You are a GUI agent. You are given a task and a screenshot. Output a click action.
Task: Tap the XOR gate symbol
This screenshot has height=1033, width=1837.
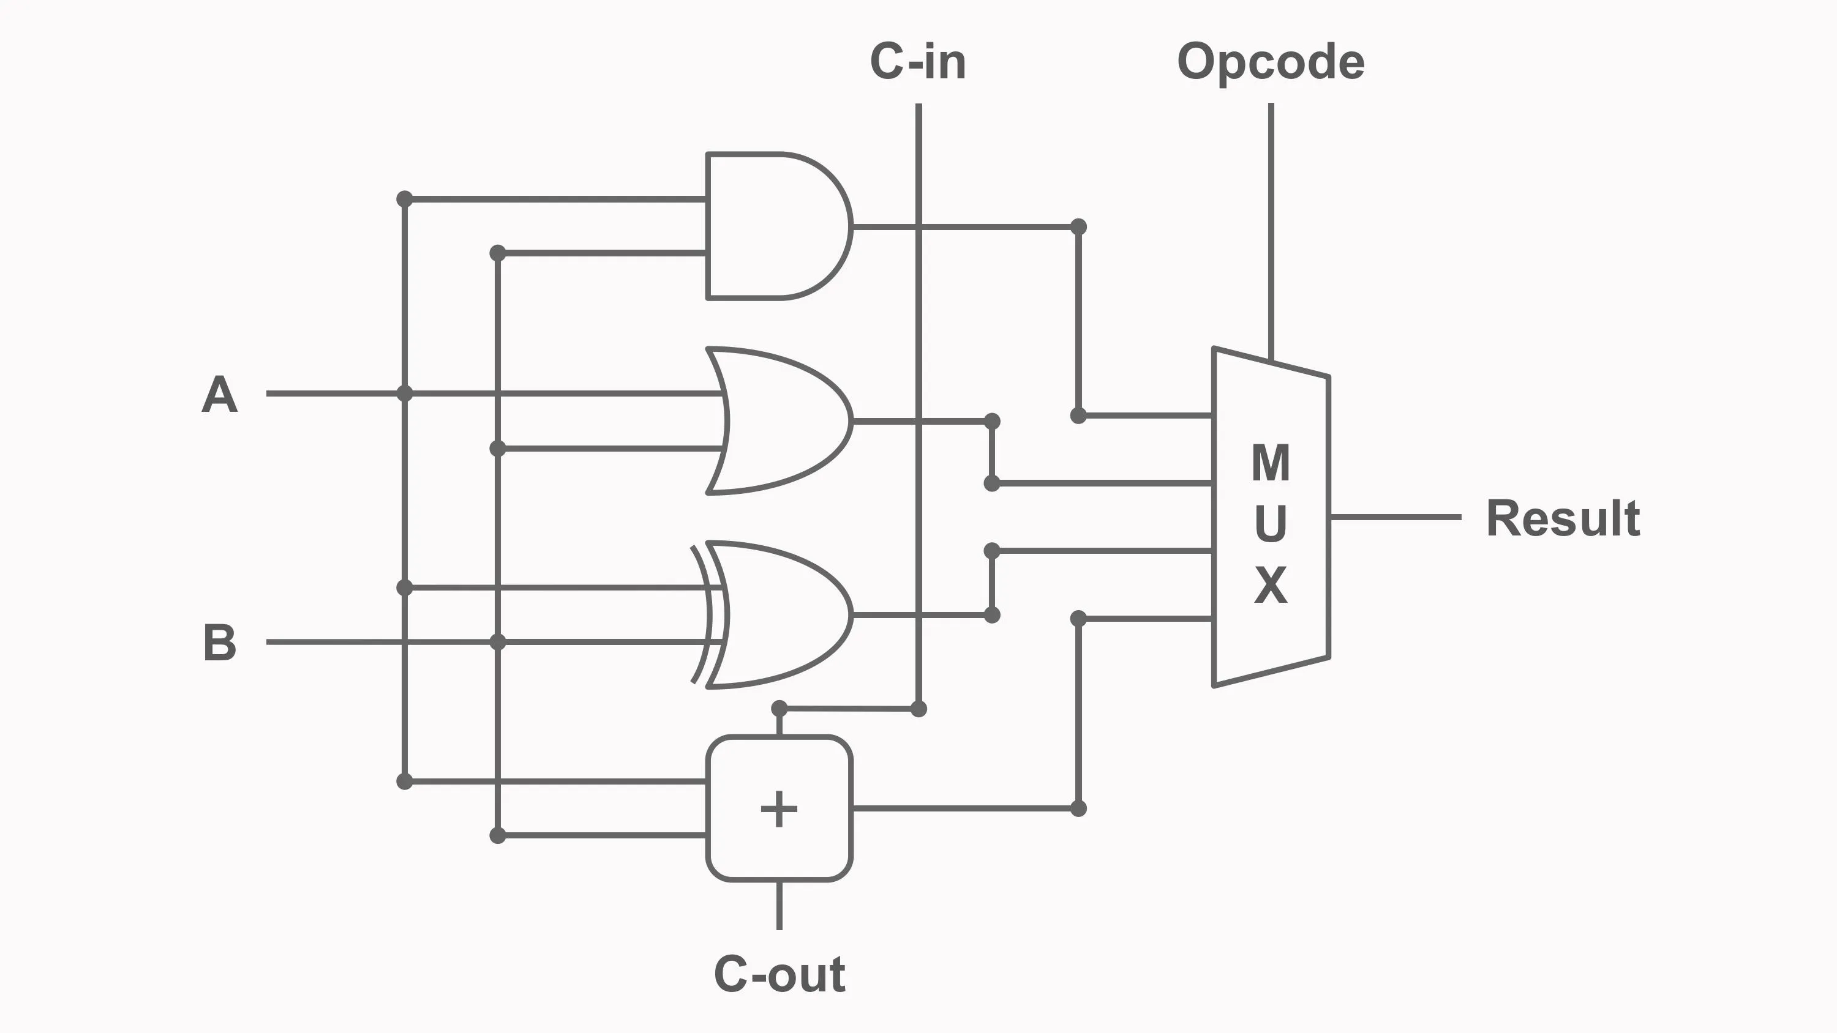tap(777, 614)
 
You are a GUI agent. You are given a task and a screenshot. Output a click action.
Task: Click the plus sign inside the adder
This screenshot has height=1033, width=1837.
tap(779, 809)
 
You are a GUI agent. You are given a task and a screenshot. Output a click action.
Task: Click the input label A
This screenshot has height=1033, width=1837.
tap(219, 394)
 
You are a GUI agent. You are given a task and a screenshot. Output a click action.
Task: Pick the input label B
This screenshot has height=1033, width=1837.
tap(219, 643)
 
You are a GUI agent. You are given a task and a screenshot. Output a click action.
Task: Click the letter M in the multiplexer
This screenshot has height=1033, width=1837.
tap(1271, 463)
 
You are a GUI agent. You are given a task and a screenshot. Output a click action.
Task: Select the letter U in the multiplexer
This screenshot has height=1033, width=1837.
tap(1271, 524)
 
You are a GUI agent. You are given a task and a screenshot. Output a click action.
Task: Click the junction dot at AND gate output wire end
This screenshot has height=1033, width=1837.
tap(1078, 226)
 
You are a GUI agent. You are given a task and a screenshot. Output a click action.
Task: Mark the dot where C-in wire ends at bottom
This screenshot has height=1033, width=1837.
tap(918, 709)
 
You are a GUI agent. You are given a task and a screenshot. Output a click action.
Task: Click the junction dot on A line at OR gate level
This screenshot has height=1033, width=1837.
tap(404, 393)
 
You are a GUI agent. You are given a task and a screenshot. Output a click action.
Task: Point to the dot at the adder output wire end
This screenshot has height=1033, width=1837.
tap(1078, 808)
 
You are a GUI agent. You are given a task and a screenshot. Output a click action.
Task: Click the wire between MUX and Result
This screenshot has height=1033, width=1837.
tap(1394, 517)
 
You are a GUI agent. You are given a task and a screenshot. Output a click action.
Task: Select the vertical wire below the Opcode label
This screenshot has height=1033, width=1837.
tap(1271, 228)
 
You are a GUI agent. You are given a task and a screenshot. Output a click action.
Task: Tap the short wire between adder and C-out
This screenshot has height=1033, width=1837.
tap(779, 905)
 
